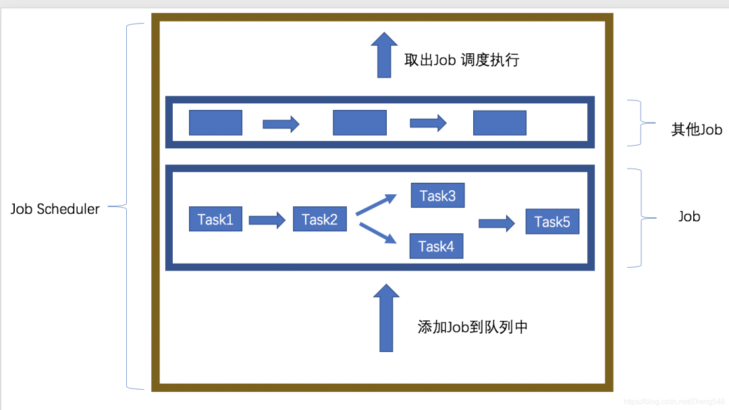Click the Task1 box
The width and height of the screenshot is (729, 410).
point(215,219)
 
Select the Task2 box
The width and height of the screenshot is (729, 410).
point(320,219)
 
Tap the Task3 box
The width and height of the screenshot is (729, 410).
point(437,196)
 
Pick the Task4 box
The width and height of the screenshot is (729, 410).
point(436,246)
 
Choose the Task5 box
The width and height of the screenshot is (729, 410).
point(552,221)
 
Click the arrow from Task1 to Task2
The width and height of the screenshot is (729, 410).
point(267,220)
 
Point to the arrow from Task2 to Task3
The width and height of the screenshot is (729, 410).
point(376,204)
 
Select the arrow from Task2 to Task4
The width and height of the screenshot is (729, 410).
point(376,233)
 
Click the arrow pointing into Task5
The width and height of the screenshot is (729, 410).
point(497,223)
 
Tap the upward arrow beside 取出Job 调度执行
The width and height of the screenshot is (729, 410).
point(384,55)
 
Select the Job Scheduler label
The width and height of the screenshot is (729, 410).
point(55,209)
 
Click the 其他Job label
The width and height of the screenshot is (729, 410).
point(697,129)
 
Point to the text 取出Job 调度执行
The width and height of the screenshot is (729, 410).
point(462,60)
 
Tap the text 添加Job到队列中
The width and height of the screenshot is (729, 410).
point(473,327)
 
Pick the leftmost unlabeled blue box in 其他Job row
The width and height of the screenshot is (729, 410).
point(215,123)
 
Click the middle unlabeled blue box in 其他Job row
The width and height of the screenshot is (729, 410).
point(360,123)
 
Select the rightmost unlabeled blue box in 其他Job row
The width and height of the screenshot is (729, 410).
point(500,123)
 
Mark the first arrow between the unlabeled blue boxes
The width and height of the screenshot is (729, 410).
point(281,123)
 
